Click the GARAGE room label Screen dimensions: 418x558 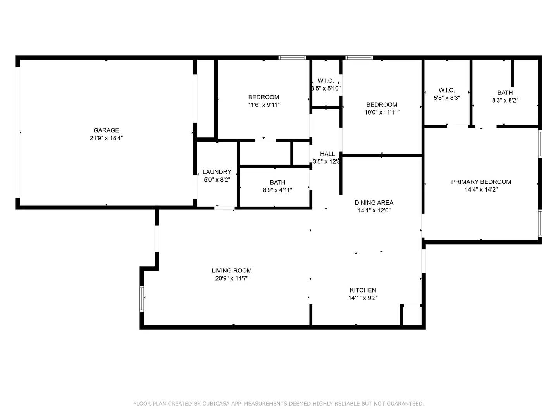pos(106,130)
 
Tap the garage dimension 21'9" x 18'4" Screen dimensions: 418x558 pos(106,138)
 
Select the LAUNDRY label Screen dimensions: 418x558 pos(217,172)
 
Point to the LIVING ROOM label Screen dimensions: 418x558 pos(231,271)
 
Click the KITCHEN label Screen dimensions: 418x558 pos(363,290)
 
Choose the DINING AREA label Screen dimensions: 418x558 pos(374,203)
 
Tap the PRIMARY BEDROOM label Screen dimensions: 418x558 pos(481,182)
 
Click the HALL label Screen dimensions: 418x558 pos(327,154)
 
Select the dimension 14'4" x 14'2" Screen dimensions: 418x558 pos(481,190)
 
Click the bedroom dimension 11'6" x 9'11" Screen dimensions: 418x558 pos(263,105)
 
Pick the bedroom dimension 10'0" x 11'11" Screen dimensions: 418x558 pos(382,113)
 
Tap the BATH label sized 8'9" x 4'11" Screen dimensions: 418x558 pos(277,182)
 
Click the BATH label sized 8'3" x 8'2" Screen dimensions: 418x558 pos(505,93)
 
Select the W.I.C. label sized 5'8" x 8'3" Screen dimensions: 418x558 pos(447,90)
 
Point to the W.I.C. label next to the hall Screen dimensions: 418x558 pos(325,81)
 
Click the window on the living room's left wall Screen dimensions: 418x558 pos(142,298)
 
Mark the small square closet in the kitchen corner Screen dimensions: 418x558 pos(412,315)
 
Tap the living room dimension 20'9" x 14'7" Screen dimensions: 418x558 pos(231,278)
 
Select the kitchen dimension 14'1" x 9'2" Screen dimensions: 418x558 pos(363,298)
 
